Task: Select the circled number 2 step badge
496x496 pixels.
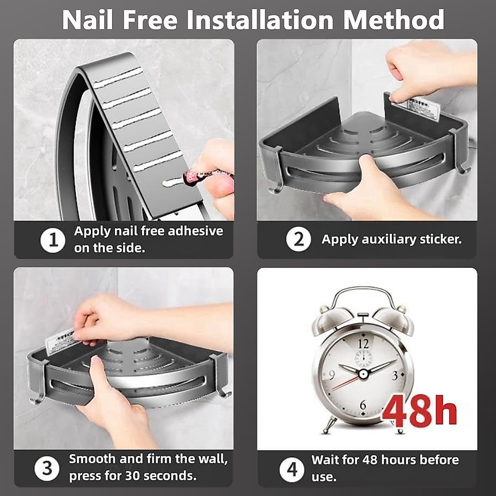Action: tap(298, 239)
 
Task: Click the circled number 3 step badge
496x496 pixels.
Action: tap(47, 468)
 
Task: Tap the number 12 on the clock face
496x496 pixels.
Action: tap(363, 343)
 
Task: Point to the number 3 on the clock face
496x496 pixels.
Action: tap(395, 375)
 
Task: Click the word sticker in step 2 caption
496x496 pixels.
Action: tap(440, 239)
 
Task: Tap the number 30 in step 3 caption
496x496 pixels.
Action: tap(133, 476)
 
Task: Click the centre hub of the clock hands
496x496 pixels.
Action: tap(363, 374)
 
